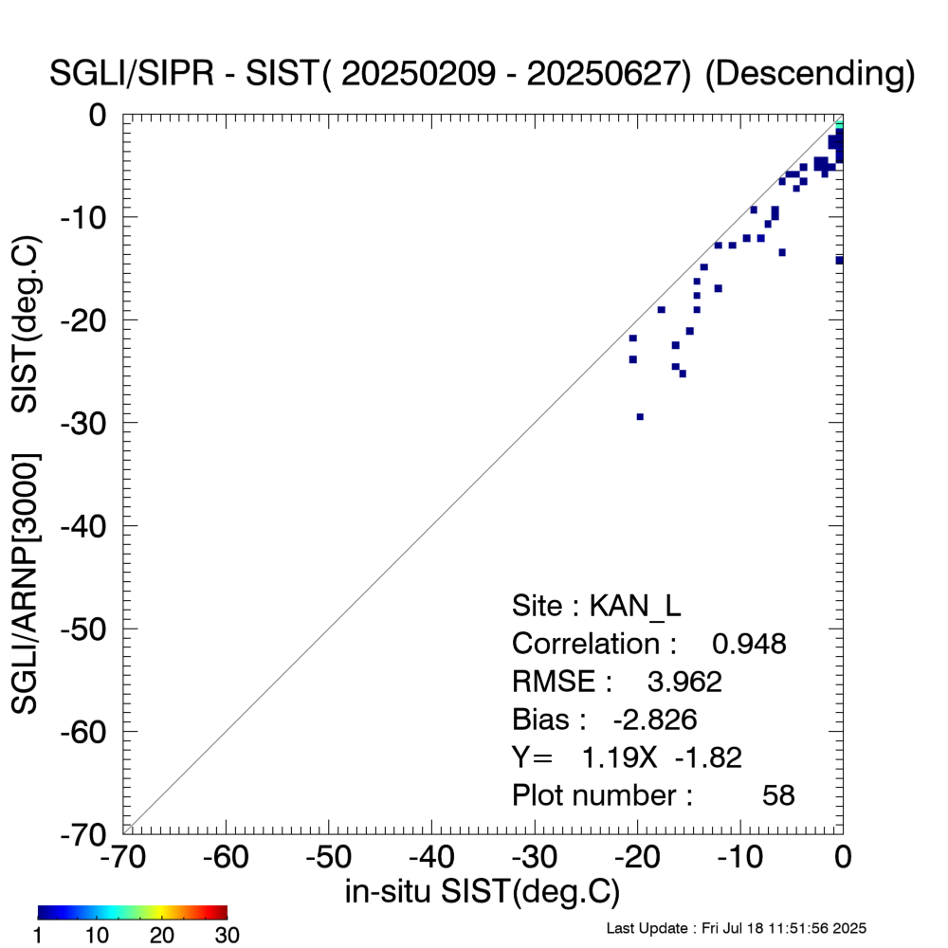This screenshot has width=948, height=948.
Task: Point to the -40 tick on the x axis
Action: pyautogui.click(x=432, y=858)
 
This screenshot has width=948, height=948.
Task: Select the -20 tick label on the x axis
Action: pyautogui.click(x=638, y=858)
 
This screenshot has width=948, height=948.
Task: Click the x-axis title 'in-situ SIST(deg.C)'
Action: pyautogui.click(x=483, y=891)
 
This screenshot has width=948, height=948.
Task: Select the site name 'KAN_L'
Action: pyautogui.click(x=636, y=606)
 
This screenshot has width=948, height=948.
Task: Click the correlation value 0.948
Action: pyautogui.click(x=749, y=644)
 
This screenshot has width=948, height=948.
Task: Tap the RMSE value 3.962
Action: pyautogui.click(x=684, y=682)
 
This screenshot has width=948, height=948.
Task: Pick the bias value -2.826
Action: pyautogui.click(x=655, y=720)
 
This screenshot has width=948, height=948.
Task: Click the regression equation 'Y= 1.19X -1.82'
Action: pyautogui.click(x=627, y=757)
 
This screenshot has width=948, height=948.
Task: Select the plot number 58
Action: pyautogui.click(x=778, y=795)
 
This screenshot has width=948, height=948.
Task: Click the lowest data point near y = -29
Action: pyautogui.click(x=640, y=416)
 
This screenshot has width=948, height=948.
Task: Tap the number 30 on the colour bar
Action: pyautogui.click(x=226, y=936)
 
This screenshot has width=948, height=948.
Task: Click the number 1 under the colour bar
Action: pyautogui.click(x=40, y=936)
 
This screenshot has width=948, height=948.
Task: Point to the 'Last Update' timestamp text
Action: pyautogui.click(x=736, y=928)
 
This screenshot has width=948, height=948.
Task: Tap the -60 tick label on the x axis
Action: pyautogui.click(x=227, y=858)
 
